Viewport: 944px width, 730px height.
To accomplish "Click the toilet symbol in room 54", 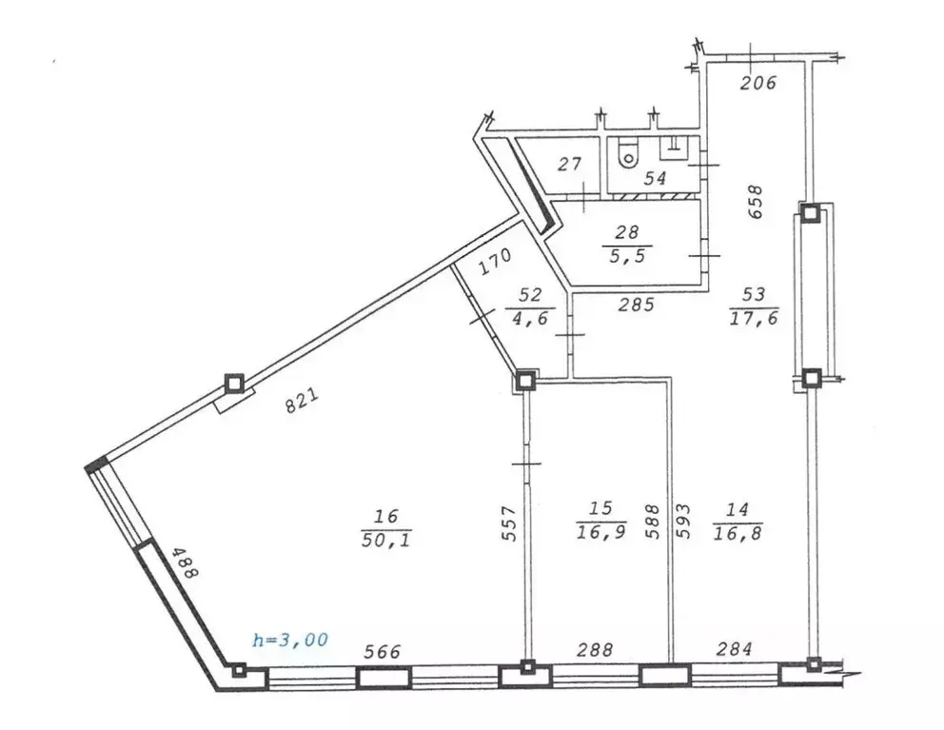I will point(627,154).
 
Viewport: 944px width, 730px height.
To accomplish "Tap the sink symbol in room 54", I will point(673,146).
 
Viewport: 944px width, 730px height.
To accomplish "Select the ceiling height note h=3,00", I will point(289,640).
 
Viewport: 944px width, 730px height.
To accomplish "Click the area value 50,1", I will point(385,540).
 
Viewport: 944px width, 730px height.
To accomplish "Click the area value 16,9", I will point(600,530).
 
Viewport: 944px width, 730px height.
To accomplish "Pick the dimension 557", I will point(509,523).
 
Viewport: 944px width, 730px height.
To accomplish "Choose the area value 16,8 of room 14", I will point(737,530).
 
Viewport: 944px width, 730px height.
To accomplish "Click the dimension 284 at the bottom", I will point(733,649).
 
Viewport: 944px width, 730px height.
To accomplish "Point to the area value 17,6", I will point(754,318).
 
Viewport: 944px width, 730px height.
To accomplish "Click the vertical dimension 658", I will point(757,202).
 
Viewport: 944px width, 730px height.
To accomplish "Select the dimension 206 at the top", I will point(758,83).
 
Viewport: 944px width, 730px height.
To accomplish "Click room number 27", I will point(569,165).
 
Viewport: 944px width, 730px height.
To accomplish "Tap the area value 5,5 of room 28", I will point(627,254).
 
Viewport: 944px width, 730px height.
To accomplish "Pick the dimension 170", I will point(494,260).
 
